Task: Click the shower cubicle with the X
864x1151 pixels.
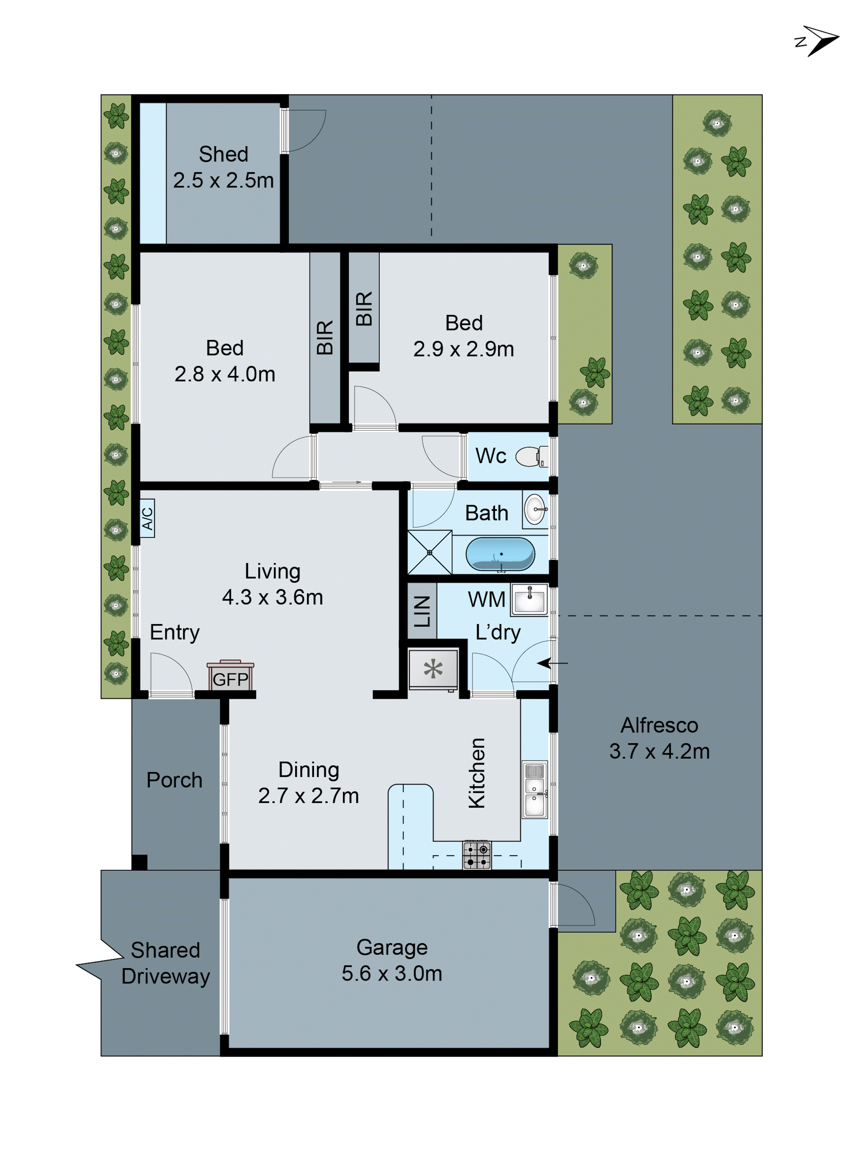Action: point(429,552)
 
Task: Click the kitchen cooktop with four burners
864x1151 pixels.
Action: point(476,855)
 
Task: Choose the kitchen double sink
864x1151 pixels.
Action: point(535,789)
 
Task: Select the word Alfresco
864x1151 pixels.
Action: point(659,725)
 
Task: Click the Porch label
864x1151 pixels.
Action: point(174,780)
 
